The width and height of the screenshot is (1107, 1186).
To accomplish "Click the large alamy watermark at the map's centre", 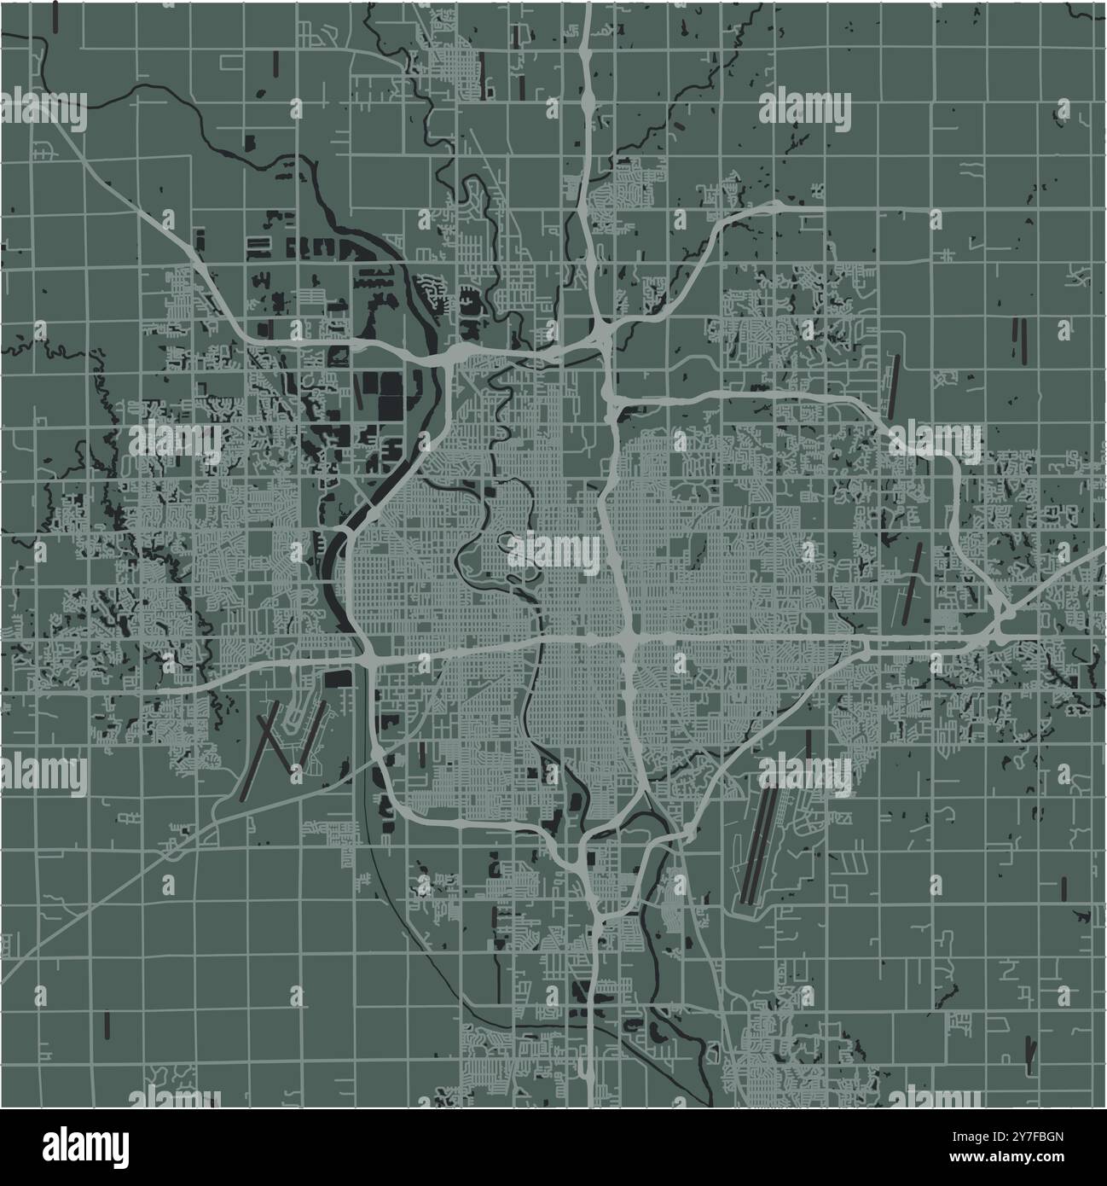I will [x=554, y=552].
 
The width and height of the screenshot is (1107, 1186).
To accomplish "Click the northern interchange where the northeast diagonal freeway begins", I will [x=600, y=328].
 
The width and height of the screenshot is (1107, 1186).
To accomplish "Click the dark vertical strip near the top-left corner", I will [x=55, y=15].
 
